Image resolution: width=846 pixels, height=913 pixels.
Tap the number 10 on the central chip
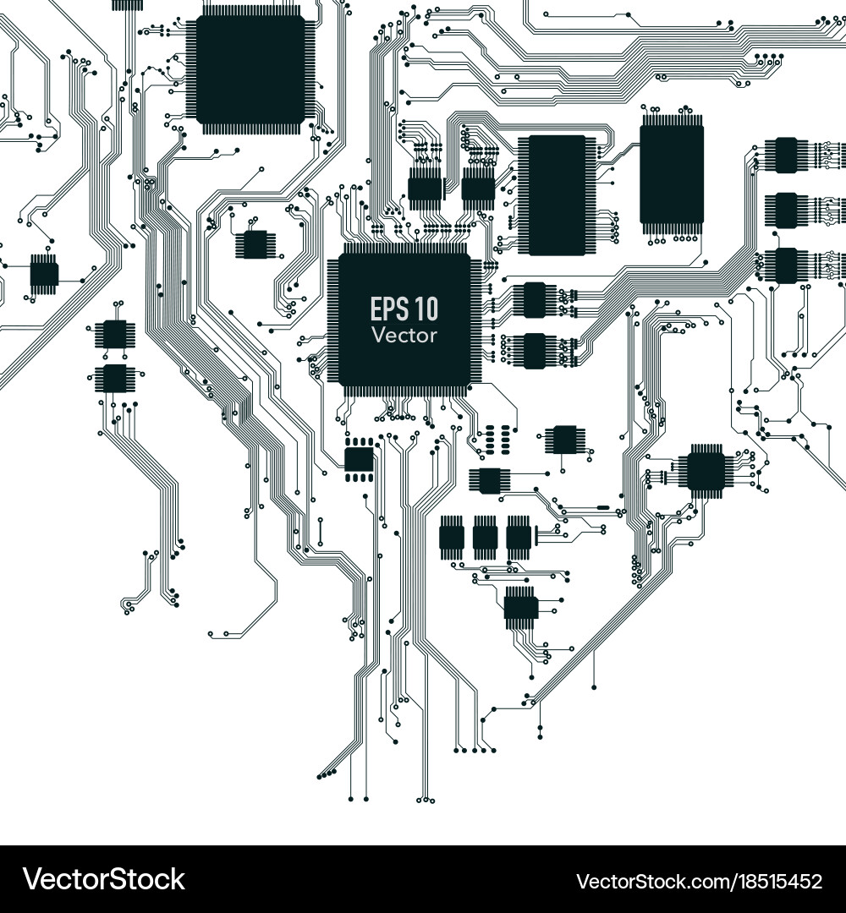tap(426, 309)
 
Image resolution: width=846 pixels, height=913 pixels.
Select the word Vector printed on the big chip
tap(404, 335)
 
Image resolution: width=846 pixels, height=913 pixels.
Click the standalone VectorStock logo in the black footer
tap(104, 879)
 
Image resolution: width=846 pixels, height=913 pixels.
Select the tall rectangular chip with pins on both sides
tap(552, 194)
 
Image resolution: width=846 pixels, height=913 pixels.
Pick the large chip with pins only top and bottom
tap(672, 174)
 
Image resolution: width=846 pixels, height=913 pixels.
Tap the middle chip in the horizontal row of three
tap(485, 537)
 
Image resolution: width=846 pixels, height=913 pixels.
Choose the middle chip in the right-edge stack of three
tap(786, 210)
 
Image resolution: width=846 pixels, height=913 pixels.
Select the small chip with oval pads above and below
tap(360, 459)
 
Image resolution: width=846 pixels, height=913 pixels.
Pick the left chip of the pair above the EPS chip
tap(426, 188)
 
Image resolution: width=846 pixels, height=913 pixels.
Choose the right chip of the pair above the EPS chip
tap(478, 188)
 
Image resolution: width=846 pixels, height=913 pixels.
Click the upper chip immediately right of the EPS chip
tap(535, 300)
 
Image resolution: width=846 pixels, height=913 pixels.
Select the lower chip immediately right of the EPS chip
tap(535, 351)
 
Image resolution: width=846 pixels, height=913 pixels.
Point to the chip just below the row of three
tap(520, 607)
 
